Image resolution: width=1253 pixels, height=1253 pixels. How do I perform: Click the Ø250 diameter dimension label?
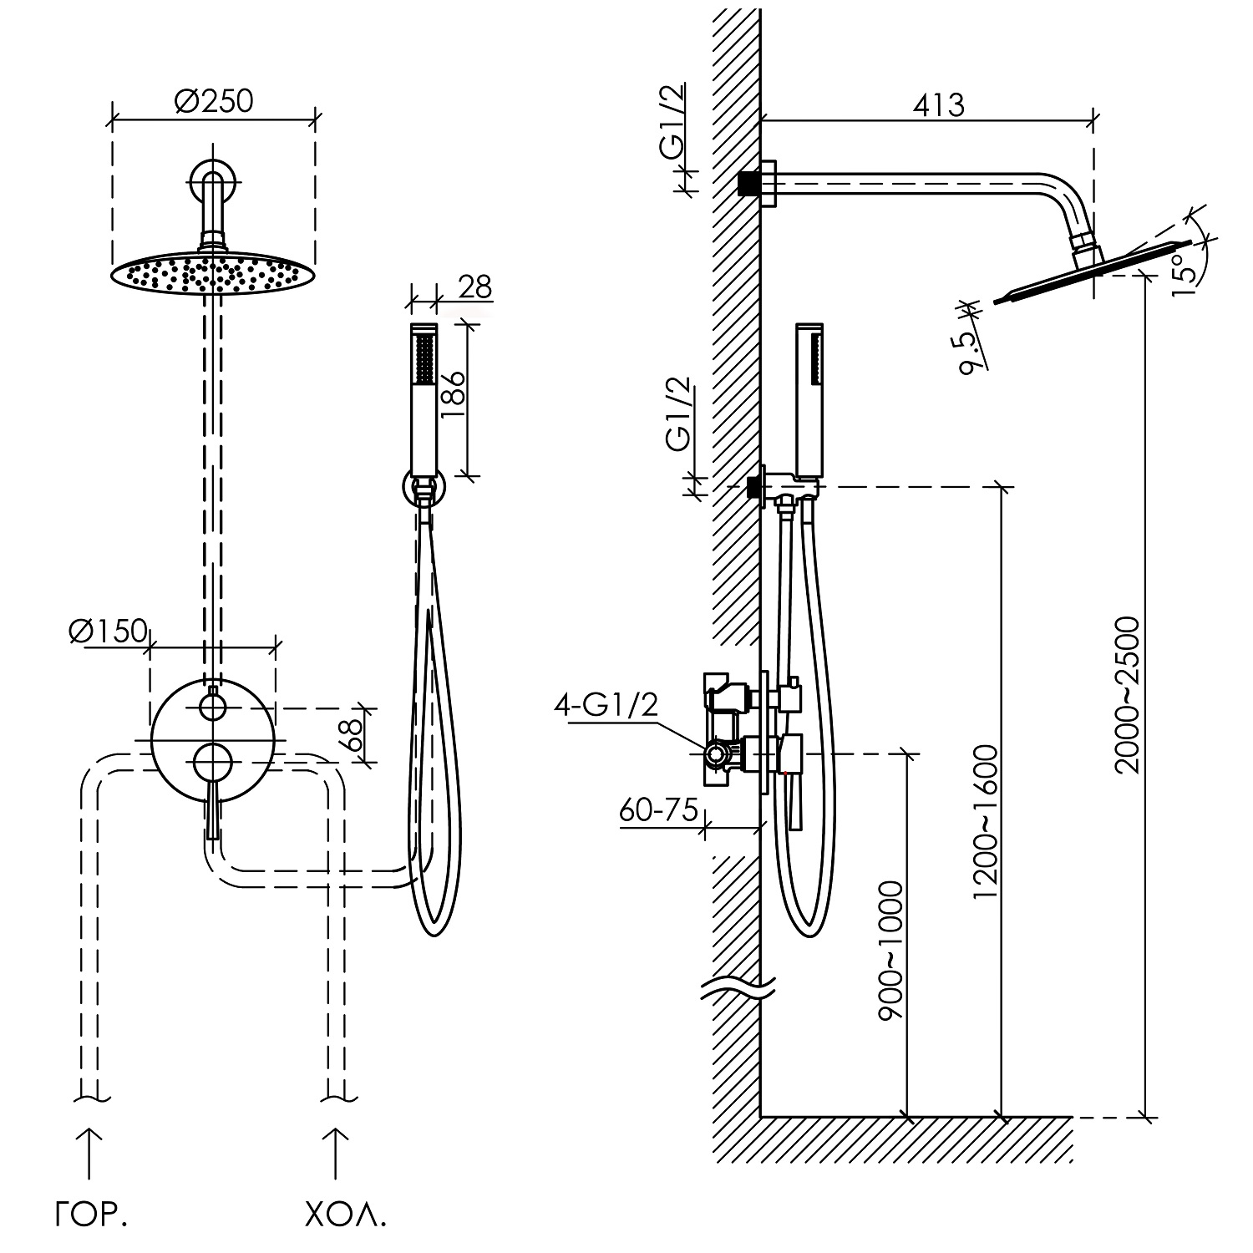coord(214,101)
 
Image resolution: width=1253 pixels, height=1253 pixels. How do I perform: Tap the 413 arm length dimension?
coord(938,105)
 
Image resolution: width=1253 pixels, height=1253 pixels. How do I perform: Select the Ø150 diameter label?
coord(109,632)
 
